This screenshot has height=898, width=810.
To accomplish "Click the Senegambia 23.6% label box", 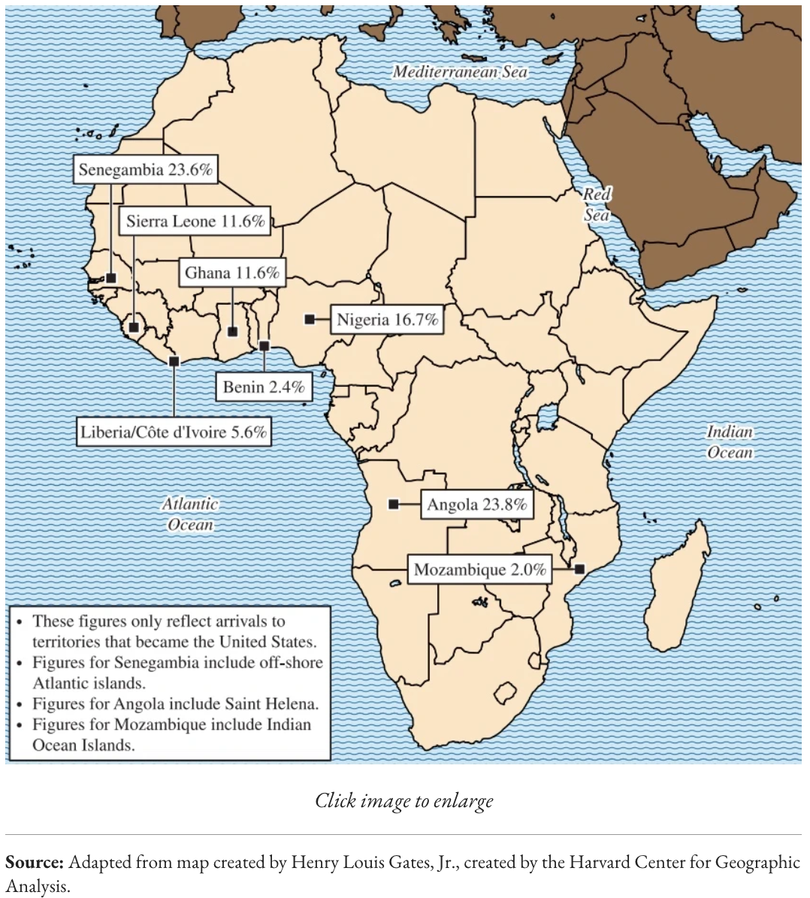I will [146, 170].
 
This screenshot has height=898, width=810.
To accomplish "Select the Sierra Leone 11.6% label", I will [195, 221].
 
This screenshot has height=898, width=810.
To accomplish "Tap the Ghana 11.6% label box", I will [232, 273].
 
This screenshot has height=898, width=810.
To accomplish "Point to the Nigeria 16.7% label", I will [386, 320].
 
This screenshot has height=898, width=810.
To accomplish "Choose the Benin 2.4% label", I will [264, 387].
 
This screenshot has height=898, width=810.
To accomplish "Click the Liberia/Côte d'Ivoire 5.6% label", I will [174, 432].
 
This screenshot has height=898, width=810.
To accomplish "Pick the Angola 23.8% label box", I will [476, 505].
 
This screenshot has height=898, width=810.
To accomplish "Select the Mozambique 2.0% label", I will [479, 570].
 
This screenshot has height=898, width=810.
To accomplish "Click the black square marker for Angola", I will [393, 504].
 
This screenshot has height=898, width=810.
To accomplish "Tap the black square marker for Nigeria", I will [309, 319].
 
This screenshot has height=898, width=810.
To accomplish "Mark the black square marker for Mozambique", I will [579, 569].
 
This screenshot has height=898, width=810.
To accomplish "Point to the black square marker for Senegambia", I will [111, 278].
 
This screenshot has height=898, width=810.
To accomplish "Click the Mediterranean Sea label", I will [460, 72].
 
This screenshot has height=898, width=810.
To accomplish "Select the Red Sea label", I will [597, 205].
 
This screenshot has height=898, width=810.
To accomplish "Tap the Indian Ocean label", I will [729, 442].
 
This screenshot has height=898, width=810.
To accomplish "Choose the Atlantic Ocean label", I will [190, 514].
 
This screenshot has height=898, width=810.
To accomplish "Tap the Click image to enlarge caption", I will [404, 800].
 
